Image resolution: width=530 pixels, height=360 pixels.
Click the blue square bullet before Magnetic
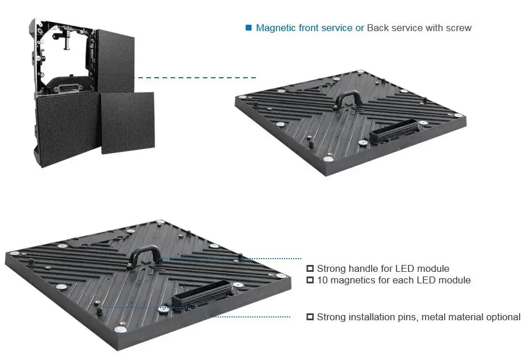pos(249,28)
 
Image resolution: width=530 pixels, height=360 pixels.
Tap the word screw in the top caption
pos(458,28)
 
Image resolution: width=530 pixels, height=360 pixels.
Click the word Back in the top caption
pos(378,28)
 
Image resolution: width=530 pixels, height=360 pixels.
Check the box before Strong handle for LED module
pos(310,268)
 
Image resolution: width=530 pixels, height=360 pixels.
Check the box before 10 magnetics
pos(310,280)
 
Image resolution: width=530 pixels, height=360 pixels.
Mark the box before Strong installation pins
pos(310,317)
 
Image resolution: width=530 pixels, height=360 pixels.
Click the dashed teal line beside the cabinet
pos(196,77)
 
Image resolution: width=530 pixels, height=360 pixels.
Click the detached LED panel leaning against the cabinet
pos(128,122)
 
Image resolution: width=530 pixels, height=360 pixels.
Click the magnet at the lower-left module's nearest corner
pos(120,330)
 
